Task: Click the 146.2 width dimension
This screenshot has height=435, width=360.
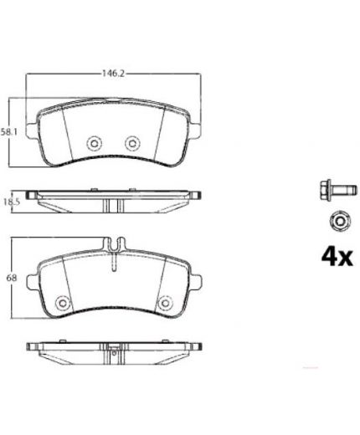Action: pos(113,74)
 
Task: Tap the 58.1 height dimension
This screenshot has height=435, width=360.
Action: pos(8,131)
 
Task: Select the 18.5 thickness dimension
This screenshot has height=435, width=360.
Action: pos(11,202)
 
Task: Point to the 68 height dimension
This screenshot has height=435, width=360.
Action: pos(12,278)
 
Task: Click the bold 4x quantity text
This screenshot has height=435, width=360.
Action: pos(337,257)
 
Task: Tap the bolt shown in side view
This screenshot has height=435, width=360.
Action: pos(338,190)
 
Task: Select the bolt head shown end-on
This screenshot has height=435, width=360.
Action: pos(339,222)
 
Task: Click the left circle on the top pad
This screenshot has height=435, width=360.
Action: pos(94,143)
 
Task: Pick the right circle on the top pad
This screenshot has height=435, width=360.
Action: pos(132,143)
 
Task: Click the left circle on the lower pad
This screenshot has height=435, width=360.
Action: pos(63,303)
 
